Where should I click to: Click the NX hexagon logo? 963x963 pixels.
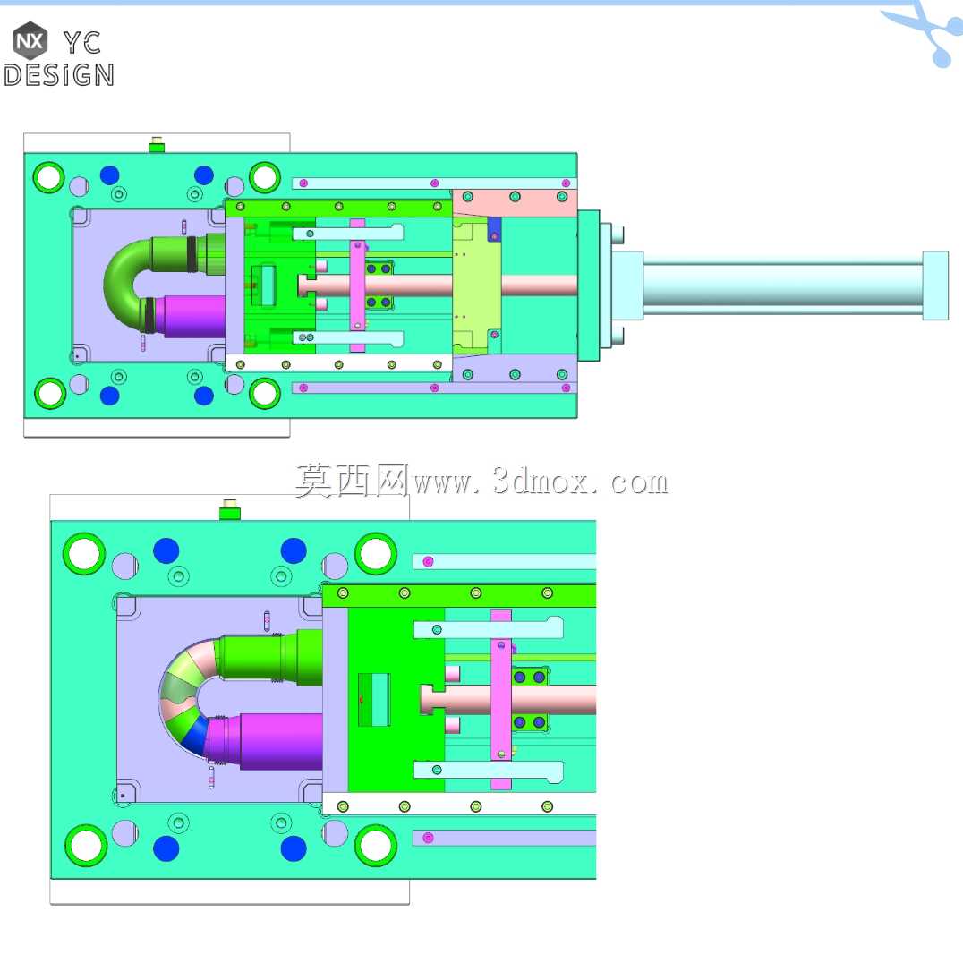click(x=30, y=40)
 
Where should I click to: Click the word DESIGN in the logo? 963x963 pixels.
click(x=59, y=75)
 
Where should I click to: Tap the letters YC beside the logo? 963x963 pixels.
click(x=82, y=43)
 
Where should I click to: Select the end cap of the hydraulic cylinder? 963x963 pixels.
click(x=935, y=285)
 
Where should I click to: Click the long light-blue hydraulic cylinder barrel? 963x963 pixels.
click(x=783, y=285)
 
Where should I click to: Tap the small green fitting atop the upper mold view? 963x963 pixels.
click(x=157, y=145)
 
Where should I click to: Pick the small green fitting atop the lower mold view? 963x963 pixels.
click(x=230, y=509)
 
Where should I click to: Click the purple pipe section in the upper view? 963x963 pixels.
click(x=193, y=316)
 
